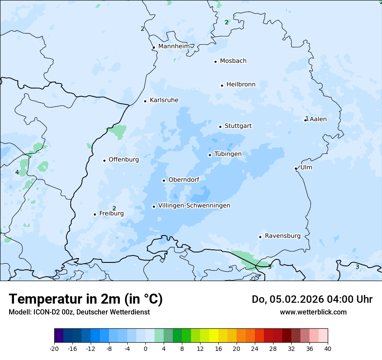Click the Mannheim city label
(x=174, y=46)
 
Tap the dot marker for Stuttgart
(x=220, y=127)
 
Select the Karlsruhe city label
(x=164, y=100)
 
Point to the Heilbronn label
(x=241, y=85)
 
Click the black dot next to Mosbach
(x=215, y=62)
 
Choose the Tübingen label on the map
(x=228, y=154)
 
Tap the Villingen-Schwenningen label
(x=194, y=206)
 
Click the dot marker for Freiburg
(x=95, y=214)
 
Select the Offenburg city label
(x=124, y=160)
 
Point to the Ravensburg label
(x=283, y=236)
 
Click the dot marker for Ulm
(x=296, y=168)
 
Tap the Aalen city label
(x=318, y=119)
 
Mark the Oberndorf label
(x=184, y=180)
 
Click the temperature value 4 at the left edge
(x=17, y=172)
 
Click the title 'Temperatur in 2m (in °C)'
(x=86, y=299)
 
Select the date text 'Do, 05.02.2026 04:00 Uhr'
(x=312, y=299)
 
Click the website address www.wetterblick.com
(x=313, y=312)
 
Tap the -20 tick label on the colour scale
(x=54, y=348)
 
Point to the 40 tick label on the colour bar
(x=327, y=348)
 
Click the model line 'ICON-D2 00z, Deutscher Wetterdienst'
(x=79, y=312)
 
